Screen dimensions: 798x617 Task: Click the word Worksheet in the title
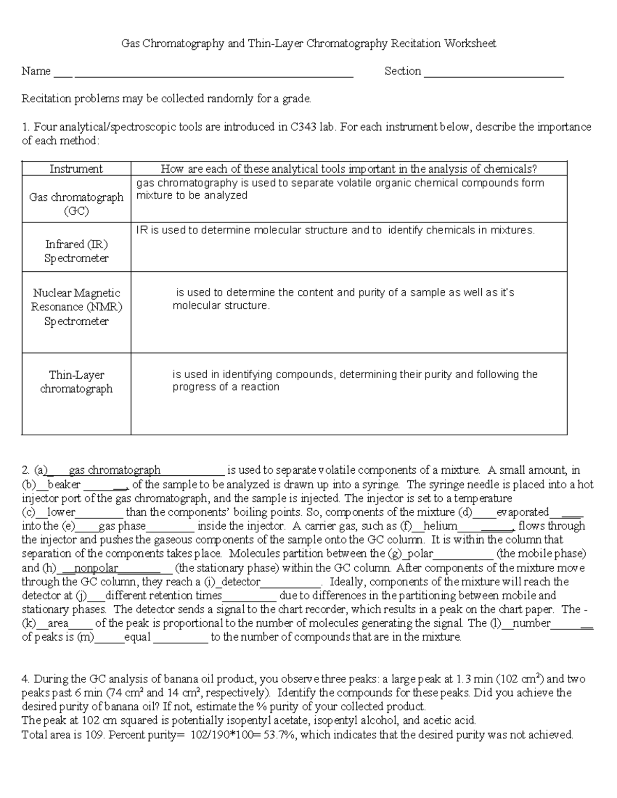(470, 44)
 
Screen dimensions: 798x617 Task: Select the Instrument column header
(76, 169)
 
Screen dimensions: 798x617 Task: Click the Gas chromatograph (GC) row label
(76, 204)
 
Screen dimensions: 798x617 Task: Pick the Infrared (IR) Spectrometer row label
(76, 251)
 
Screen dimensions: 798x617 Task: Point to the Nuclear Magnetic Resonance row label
(76, 307)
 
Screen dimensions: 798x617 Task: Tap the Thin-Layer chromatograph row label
(76, 382)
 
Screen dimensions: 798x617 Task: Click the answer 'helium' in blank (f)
(440, 526)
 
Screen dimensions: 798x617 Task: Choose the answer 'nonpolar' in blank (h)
(96, 568)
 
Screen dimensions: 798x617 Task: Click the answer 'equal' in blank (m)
(137, 637)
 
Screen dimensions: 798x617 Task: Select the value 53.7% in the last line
(280, 735)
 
